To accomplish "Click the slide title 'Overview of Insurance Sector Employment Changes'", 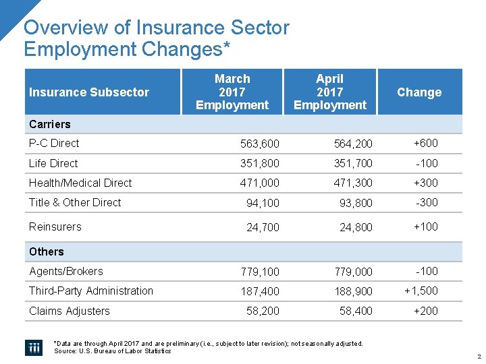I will (157, 38).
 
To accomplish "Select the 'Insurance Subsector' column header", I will (89, 92).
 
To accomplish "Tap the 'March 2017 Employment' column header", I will (232, 92).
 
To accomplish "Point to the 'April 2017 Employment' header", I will (330, 92).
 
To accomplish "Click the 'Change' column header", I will (419, 92).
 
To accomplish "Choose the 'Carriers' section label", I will (50, 124).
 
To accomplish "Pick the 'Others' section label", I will (47, 251).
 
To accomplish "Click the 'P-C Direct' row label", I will (54, 143).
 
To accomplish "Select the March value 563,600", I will (260, 144).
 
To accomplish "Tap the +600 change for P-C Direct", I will (425, 143).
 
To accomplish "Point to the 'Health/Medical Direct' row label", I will (80, 183).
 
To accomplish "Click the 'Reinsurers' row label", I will (55, 226).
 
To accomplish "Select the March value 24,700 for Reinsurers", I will (263, 227).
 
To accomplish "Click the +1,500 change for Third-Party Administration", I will (421, 291).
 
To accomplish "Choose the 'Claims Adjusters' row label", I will (70, 311).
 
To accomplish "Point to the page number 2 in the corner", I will (478, 357).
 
